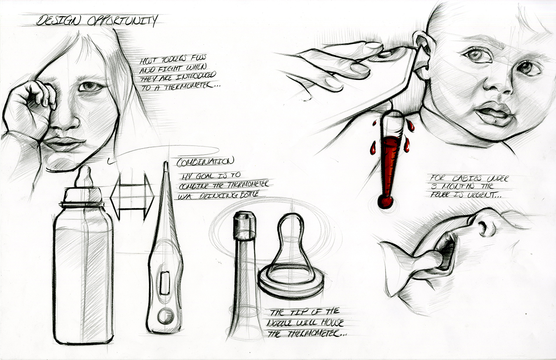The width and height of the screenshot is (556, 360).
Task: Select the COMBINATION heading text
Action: tap(205, 162)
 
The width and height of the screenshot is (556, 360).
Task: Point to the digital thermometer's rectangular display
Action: tap(165, 282)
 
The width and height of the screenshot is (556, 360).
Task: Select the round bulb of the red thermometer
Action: tap(384, 201)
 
